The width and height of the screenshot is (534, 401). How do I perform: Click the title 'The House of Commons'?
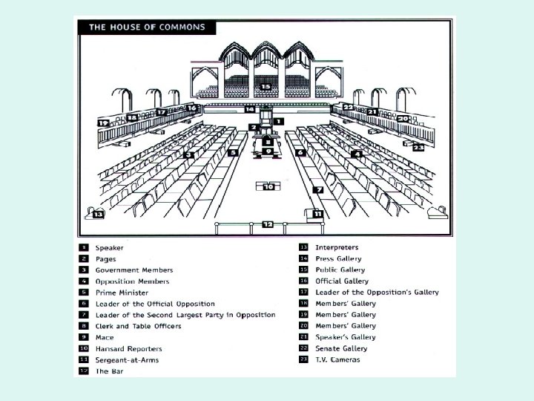[x=148, y=27]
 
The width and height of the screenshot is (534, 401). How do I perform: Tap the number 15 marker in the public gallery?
[x=266, y=87]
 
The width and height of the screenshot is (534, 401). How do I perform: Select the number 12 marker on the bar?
[x=268, y=224]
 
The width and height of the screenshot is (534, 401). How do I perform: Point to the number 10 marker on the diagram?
[x=268, y=186]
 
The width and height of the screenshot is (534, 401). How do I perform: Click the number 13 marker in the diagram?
[x=98, y=214]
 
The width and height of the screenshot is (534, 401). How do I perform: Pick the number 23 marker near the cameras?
[x=418, y=148]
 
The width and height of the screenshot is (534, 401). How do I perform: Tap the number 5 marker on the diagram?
[x=233, y=152]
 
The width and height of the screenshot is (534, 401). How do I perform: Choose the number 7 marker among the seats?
[x=319, y=190]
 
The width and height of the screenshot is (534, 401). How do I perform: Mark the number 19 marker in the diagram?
[x=103, y=123]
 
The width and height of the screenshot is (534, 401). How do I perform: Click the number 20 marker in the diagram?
[x=402, y=119]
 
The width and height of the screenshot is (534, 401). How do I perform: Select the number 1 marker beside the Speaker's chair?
[x=277, y=120]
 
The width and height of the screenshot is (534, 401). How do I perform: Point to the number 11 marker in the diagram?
[x=317, y=214]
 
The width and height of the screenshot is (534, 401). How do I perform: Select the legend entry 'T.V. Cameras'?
[x=337, y=359]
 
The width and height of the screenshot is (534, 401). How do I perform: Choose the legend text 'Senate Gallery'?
[x=340, y=348]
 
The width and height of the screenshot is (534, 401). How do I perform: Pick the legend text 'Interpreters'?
[x=337, y=247]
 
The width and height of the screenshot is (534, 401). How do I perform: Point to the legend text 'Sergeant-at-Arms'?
[x=127, y=359]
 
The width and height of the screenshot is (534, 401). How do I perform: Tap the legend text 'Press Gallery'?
[x=338, y=258]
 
